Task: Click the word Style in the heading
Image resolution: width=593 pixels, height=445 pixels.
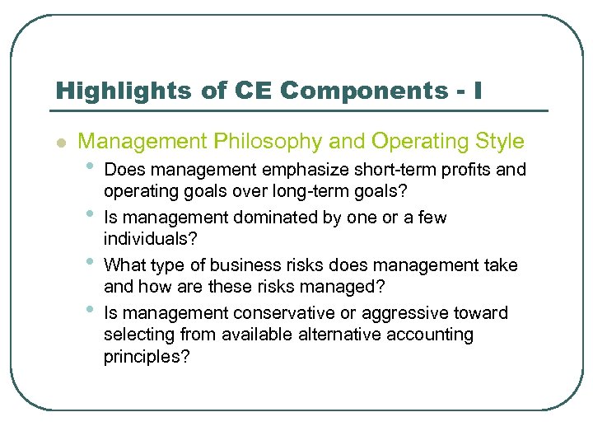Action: pyautogui.click(x=497, y=141)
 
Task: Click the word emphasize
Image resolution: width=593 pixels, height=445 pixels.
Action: pyautogui.click(x=299, y=171)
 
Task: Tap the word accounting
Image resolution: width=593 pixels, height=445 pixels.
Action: pyautogui.click(x=434, y=335)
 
